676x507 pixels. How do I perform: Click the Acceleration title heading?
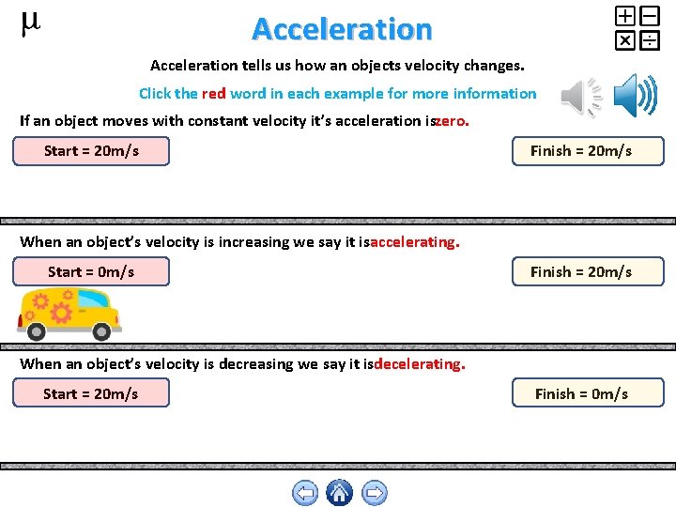[x=342, y=29]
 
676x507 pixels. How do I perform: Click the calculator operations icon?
[x=637, y=27]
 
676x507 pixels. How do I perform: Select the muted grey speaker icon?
[x=580, y=97]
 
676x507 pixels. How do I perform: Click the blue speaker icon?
[x=636, y=97]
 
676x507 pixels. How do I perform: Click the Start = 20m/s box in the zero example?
[x=91, y=151]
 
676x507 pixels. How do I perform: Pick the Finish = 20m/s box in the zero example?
[x=588, y=151]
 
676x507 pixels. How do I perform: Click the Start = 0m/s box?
[x=91, y=272]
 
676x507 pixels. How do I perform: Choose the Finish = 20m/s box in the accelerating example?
[x=588, y=272]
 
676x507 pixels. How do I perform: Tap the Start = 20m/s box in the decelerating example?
[x=91, y=393]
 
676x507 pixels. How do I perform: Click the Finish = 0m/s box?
[x=588, y=393]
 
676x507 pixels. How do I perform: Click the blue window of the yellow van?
[x=93, y=300]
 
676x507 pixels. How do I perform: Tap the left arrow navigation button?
[x=305, y=493]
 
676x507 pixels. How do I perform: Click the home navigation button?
[x=339, y=493]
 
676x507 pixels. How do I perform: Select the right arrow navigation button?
[x=374, y=493]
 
